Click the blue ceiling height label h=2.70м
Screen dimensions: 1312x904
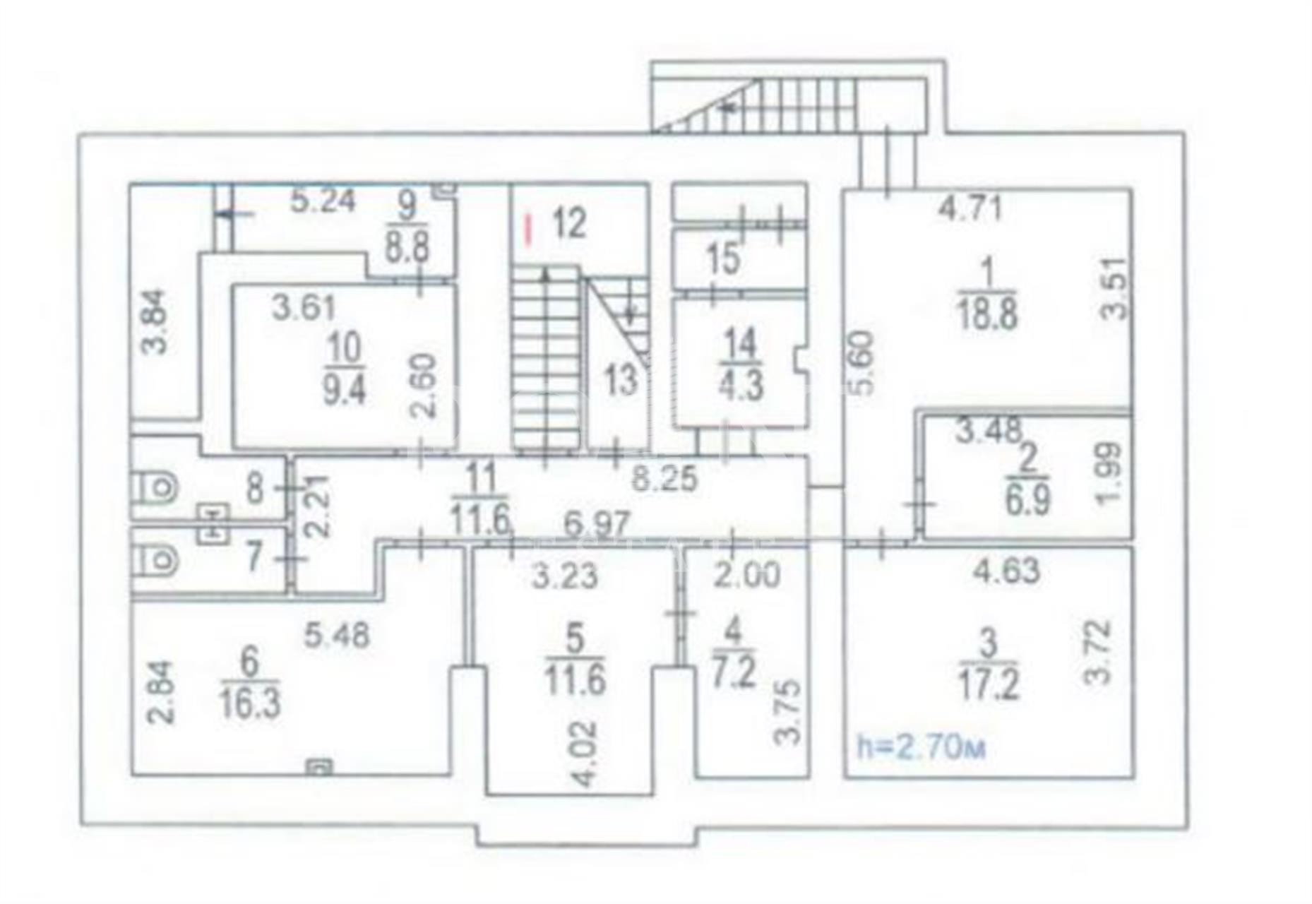[920, 747]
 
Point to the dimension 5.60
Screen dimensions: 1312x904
[864, 363]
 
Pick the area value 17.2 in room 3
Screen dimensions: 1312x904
[989, 684]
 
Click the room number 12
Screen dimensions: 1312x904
[569, 223]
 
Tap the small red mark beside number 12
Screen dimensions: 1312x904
[527, 230]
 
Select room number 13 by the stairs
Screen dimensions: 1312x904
[621, 381]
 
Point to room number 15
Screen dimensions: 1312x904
[723, 258]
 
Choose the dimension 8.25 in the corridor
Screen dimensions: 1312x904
[664, 479]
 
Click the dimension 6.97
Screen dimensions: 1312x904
[597, 525]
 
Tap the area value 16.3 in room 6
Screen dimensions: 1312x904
[250, 703]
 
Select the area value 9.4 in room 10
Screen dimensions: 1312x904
[345, 389]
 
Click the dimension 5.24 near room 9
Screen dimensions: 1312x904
[323, 201]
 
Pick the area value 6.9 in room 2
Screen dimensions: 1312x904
[1027, 499]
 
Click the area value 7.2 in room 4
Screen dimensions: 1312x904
[734, 672]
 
